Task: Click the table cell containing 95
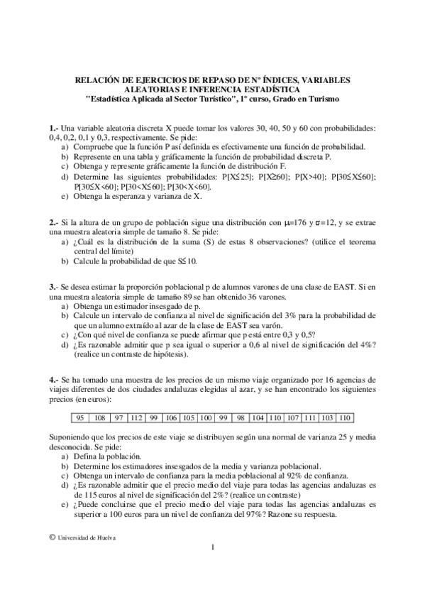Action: (x=80, y=417)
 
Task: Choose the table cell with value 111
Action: (x=310, y=417)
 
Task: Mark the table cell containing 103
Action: (x=328, y=417)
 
